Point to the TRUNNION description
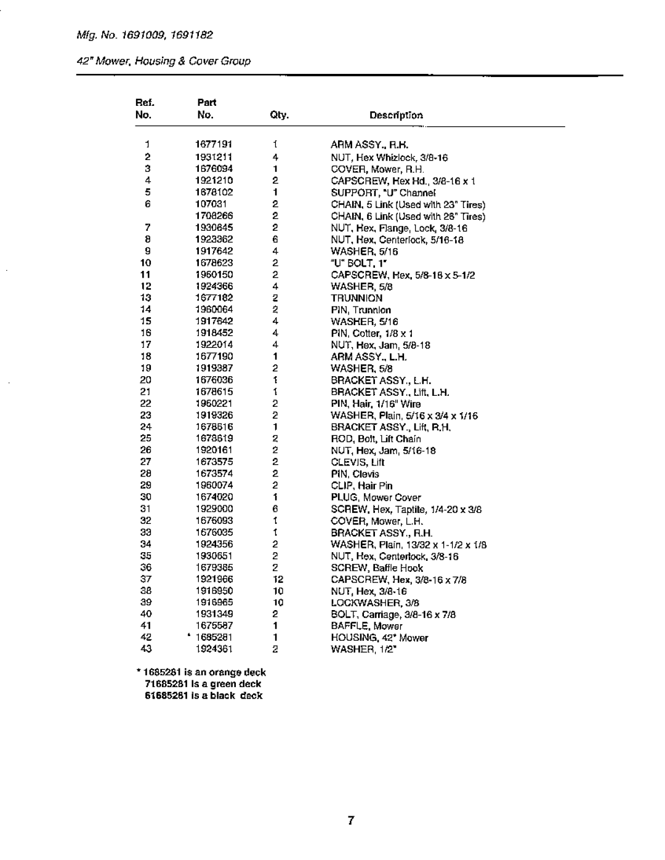(x=357, y=298)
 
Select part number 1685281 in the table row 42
(x=215, y=638)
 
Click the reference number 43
(x=146, y=649)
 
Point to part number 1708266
(x=214, y=216)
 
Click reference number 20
(x=146, y=380)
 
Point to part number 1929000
(x=214, y=509)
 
